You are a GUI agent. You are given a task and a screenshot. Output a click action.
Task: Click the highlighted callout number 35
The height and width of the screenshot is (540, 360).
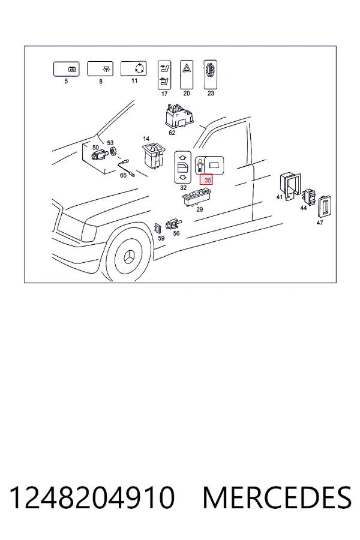click(206, 180)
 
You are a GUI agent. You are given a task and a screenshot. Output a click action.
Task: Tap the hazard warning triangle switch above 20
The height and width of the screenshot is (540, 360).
click(187, 74)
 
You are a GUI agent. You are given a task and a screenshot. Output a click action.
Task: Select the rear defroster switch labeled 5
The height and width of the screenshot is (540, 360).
click(67, 69)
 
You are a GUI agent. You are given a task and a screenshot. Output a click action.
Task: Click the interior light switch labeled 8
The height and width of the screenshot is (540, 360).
click(100, 69)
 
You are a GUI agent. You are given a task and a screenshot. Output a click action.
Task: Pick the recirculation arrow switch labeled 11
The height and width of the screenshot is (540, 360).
click(133, 68)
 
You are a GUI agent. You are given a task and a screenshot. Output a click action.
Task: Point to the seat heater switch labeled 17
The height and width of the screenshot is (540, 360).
click(164, 75)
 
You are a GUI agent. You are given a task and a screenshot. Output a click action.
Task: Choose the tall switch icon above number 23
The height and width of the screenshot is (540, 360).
click(210, 74)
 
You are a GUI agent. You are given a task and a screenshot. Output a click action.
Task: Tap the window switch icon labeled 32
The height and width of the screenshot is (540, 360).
click(182, 167)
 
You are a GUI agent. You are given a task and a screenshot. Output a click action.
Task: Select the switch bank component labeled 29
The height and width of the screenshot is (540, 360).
click(197, 198)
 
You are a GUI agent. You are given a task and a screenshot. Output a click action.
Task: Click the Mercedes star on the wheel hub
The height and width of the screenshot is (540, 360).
click(130, 257)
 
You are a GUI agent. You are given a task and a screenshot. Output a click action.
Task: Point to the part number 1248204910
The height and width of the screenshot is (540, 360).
click(92, 497)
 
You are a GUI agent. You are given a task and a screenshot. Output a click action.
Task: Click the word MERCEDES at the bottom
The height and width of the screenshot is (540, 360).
click(277, 497)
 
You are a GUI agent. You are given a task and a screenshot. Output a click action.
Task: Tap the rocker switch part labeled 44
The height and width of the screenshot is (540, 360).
click(309, 197)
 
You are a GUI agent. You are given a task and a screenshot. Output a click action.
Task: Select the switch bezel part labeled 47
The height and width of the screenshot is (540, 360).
click(325, 206)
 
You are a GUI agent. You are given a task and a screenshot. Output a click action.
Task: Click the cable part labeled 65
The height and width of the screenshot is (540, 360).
click(127, 169)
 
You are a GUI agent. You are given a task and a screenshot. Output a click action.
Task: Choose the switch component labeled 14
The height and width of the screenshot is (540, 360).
click(154, 156)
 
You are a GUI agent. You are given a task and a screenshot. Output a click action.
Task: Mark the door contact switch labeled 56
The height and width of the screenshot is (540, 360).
click(173, 225)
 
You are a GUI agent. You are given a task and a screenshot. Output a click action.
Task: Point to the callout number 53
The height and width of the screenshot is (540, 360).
click(110, 143)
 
